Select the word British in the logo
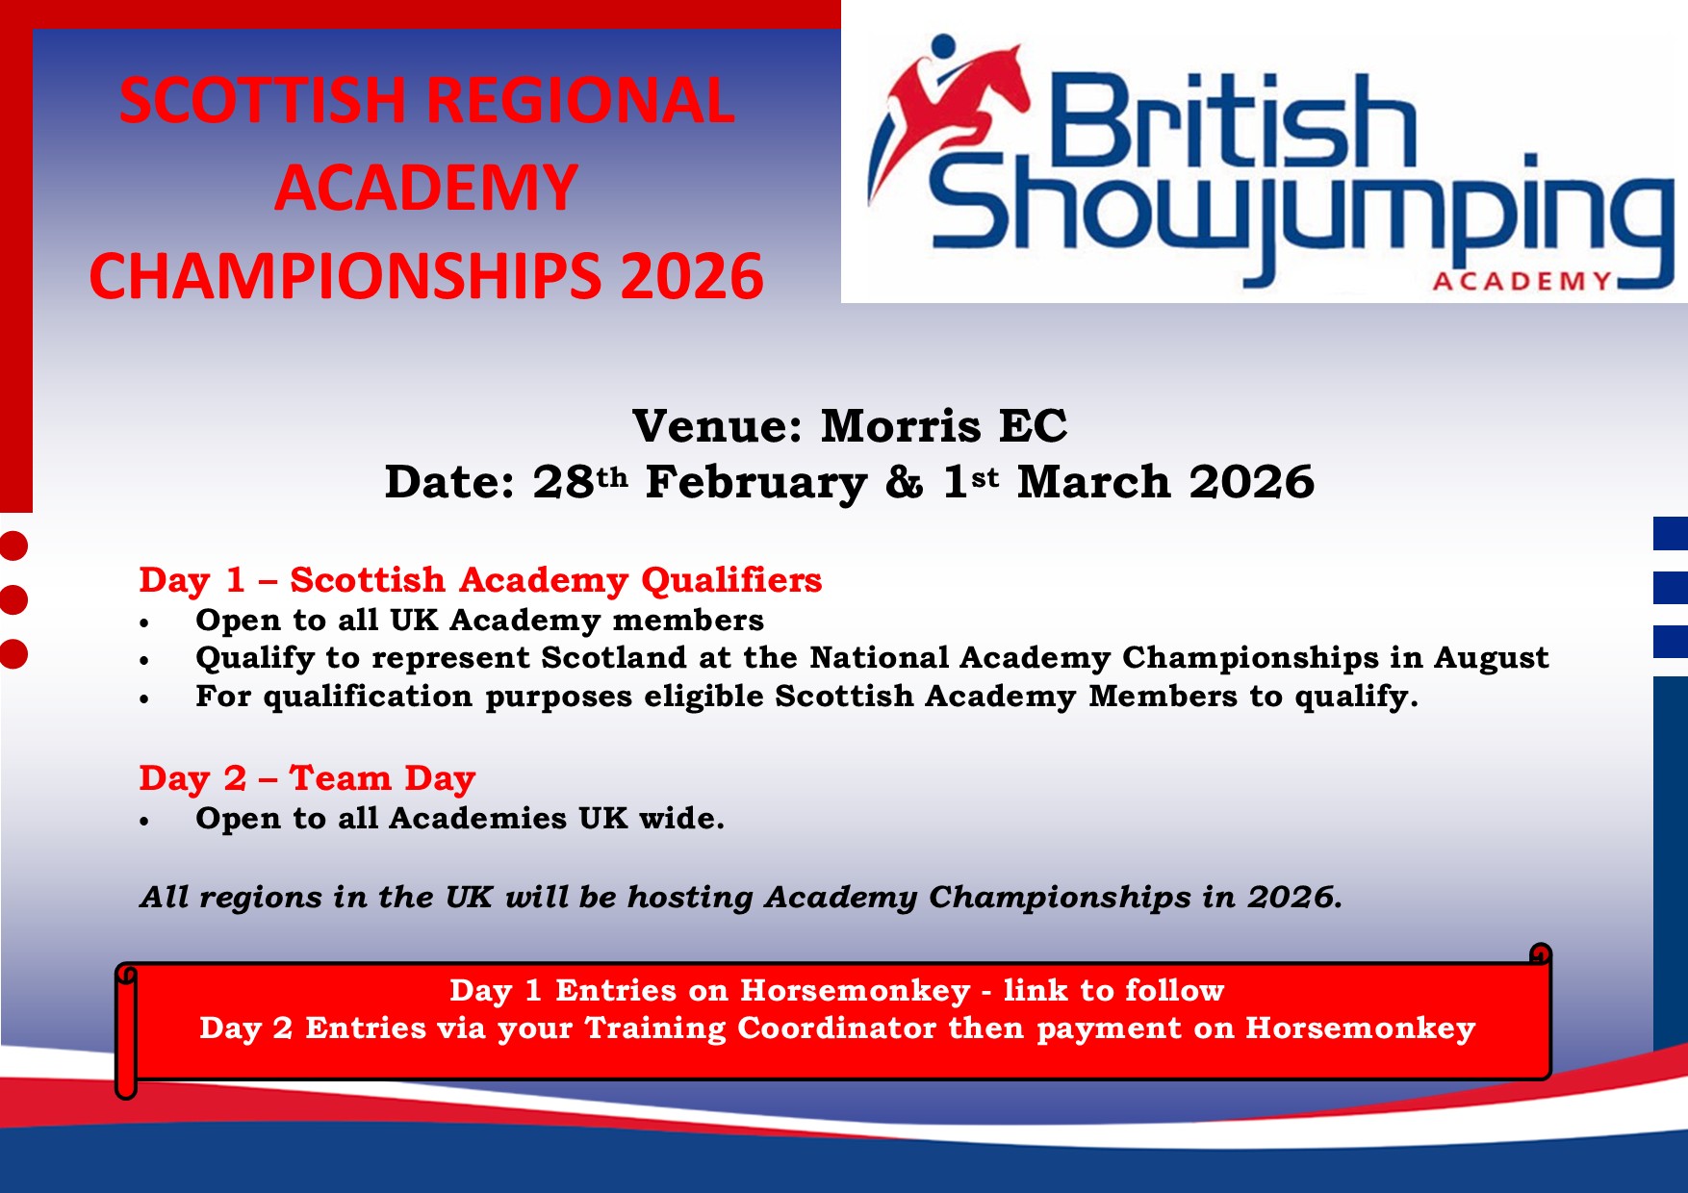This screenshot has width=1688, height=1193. pos(1232,123)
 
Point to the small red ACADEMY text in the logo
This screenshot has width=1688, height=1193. pos(1522,281)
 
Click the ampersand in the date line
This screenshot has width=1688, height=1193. pos(904,482)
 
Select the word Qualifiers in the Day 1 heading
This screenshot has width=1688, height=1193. pos(731,580)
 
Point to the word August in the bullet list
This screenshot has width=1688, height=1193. pos(1492,658)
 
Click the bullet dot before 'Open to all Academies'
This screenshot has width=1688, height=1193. pos(144,822)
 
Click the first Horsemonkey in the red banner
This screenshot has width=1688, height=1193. pos(856,990)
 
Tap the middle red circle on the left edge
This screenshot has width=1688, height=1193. pos(13,599)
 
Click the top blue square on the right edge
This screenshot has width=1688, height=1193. pos(1671,534)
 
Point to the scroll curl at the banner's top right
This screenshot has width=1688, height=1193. pos(1541,954)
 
